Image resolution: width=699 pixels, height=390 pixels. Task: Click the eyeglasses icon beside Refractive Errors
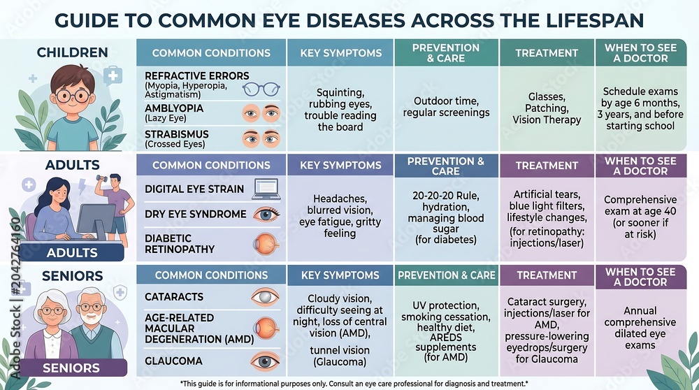click(x=261, y=89)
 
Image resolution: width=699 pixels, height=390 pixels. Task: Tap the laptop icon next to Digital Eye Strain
click(x=266, y=189)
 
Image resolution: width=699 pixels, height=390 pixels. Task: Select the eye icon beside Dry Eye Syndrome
click(x=266, y=215)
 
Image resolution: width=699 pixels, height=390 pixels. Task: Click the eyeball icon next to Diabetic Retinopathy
click(x=266, y=244)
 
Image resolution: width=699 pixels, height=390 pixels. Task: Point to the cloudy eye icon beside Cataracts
click(x=265, y=297)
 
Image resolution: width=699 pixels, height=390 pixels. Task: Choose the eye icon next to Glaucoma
click(x=265, y=361)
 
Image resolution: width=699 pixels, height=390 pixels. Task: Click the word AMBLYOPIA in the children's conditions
click(x=174, y=108)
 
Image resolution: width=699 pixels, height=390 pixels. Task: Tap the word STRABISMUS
click(x=177, y=134)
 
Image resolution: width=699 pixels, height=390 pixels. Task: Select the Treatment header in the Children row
click(x=547, y=53)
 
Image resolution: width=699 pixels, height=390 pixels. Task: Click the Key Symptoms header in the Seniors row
click(x=340, y=275)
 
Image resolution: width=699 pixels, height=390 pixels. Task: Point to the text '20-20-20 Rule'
click(x=446, y=196)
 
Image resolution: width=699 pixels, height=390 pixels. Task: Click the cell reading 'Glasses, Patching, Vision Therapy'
click(x=547, y=108)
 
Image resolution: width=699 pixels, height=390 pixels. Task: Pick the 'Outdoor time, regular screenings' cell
click(x=446, y=107)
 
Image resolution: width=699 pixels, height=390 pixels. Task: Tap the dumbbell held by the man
click(x=101, y=178)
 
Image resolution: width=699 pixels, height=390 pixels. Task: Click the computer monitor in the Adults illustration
click(x=96, y=221)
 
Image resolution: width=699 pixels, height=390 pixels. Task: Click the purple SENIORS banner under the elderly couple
click(x=71, y=368)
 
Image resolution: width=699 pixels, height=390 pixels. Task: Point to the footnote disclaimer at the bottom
click(x=354, y=383)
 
